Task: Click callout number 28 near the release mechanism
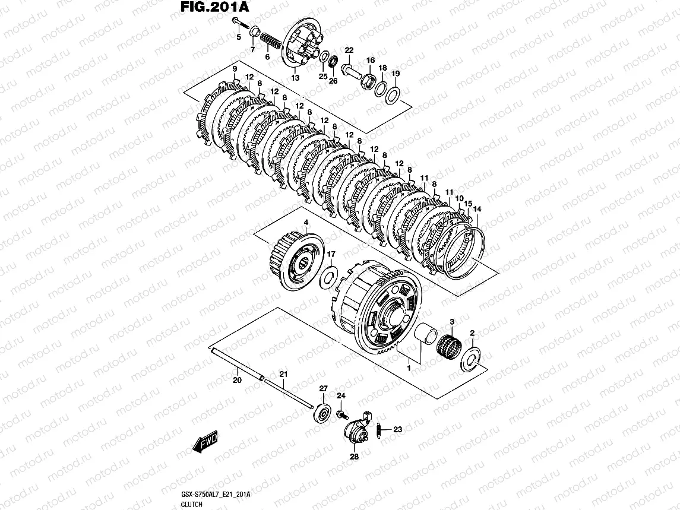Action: pyautogui.click(x=354, y=457)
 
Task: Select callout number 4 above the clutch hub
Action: pyautogui.click(x=306, y=223)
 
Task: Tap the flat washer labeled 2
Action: pyautogui.click(x=473, y=358)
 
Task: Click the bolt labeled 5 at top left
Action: pyautogui.click(x=238, y=23)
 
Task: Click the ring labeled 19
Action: pyautogui.click(x=393, y=94)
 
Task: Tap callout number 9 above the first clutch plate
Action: pyautogui.click(x=235, y=70)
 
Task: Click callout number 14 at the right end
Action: pyautogui.click(x=478, y=208)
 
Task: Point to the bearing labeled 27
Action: pyautogui.click(x=324, y=411)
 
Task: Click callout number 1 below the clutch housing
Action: pyautogui.click(x=409, y=369)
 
